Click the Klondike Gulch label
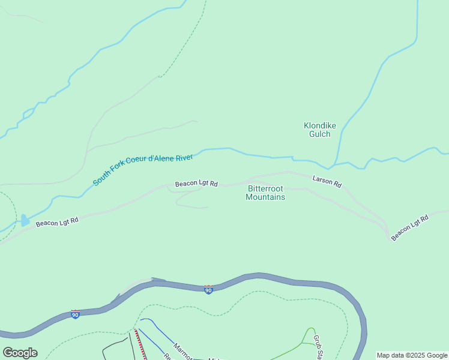pos(319,130)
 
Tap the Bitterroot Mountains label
pos(265,193)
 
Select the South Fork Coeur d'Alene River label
pos(143,170)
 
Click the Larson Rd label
pos(327,181)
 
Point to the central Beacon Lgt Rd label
pos(196,184)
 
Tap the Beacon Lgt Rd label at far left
pos(57,222)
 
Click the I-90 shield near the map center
pos(208,290)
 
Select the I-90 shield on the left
pos(75,314)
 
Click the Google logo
pos(20,353)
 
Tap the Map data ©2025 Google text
pos(412,355)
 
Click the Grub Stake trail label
pos(318,347)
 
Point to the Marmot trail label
pos(182,352)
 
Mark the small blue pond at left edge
pos(25,220)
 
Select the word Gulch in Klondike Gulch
pos(319,134)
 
